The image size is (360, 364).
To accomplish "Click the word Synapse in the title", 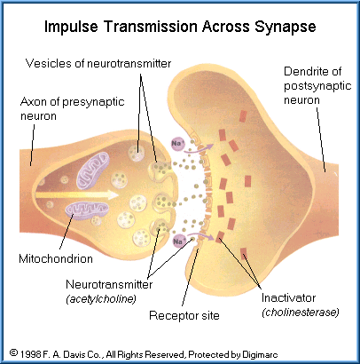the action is (x=286, y=27).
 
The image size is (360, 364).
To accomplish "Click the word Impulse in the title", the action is (x=71, y=27).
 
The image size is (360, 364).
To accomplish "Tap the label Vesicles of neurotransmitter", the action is (x=98, y=63).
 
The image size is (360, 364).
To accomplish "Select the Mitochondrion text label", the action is (x=56, y=258).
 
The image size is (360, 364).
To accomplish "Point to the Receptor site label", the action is (x=184, y=315).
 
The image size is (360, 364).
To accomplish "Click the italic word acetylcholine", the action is (x=101, y=299).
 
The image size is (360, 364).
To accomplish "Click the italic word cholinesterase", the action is (x=301, y=313).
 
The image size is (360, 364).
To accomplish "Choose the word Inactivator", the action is (x=288, y=297).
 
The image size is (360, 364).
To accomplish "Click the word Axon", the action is (x=34, y=102).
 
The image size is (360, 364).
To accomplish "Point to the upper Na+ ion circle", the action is (x=178, y=144).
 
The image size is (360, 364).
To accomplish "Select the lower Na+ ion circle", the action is (x=178, y=241).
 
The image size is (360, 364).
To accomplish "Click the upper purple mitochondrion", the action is (x=93, y=170).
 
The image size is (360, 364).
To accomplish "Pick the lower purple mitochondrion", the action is (x=87, y=210).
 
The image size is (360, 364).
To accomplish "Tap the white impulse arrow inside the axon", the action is (x=77, y=195).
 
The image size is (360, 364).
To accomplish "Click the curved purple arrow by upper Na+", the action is (x=199, y=149).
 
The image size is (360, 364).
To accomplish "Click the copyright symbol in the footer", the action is (x=13, y=353).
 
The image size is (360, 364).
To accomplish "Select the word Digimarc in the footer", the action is (x=260, y=354).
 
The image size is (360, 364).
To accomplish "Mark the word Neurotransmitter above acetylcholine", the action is (x=109, y=284).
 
